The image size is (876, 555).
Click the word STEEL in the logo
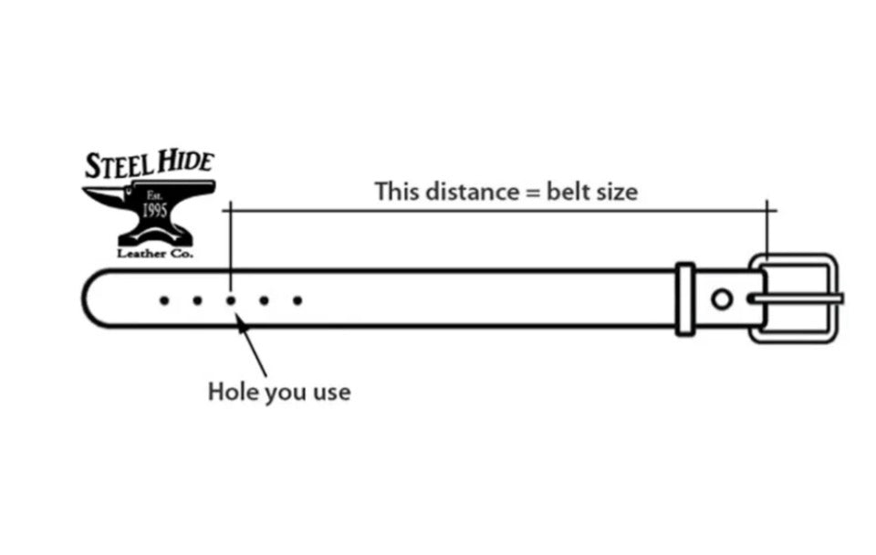tap(117, 165)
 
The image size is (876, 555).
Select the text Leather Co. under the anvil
tap(155, 253)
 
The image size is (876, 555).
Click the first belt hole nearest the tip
tap(164, 299)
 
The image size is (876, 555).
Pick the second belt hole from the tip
tap(197, 299)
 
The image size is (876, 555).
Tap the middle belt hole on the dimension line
tap(231, 299)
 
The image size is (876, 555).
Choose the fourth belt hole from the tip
tap(264, 299)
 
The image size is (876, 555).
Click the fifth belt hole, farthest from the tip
tap(297, 299)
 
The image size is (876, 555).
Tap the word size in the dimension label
tap(615, 193)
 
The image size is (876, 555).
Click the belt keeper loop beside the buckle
tap(685, 298)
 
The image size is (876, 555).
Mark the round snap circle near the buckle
tap(722, 298)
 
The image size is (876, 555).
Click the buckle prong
tap(794, 298)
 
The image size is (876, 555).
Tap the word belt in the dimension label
tap(568, 193)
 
